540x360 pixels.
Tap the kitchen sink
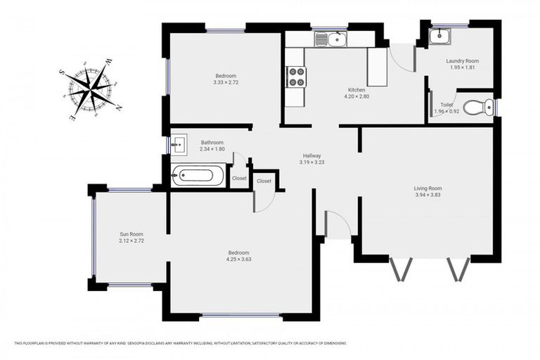(331, 39)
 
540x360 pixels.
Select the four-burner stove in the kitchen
(295, 76)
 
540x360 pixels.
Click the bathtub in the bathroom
(199, 176)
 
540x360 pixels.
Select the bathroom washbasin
(178, 145)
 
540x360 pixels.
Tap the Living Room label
(427, 188)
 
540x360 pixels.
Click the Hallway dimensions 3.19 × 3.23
(312, 162)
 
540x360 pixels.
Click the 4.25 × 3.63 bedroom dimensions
(238, 259)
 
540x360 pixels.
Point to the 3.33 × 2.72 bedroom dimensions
(226, 82)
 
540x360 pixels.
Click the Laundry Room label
(461, 60)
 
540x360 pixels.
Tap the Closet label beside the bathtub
(239, 179)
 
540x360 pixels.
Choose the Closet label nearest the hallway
(264, 181)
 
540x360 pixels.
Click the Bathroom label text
(212, 142)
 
